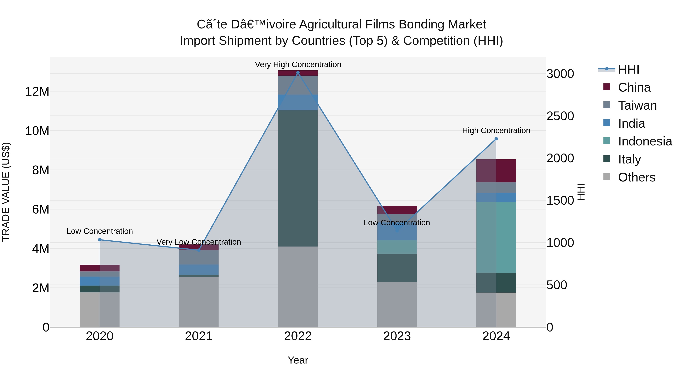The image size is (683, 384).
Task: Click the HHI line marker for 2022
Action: (298, 73)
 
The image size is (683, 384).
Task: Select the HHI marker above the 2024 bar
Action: (496, 139)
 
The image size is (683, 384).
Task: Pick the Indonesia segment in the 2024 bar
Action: (496, 237)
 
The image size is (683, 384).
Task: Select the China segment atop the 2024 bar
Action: (496, 171)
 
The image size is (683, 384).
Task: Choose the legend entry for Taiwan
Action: (637, 105)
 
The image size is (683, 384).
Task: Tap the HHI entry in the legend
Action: (628, 69)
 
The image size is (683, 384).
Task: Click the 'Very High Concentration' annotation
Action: (298, 64)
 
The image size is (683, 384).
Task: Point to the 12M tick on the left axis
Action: (37, 91)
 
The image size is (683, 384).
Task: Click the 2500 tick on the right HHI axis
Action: (560, 116)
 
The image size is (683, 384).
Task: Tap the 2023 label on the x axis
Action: (397, 336)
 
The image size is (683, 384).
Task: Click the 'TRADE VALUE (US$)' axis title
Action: (6, 192)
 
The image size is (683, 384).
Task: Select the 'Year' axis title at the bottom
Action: (298, 360)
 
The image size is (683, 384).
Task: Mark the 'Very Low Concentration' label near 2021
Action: (199, 242)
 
